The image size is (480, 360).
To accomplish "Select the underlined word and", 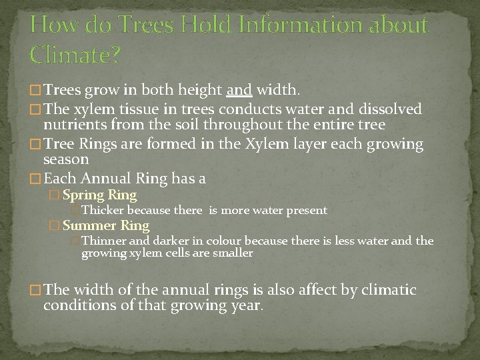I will point(239,90).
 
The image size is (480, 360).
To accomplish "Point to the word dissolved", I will point(389,108).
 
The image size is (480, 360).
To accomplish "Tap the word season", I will point(66,160).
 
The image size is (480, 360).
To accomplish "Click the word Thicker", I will point(102,211).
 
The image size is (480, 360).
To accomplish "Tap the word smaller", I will point(231,253).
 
